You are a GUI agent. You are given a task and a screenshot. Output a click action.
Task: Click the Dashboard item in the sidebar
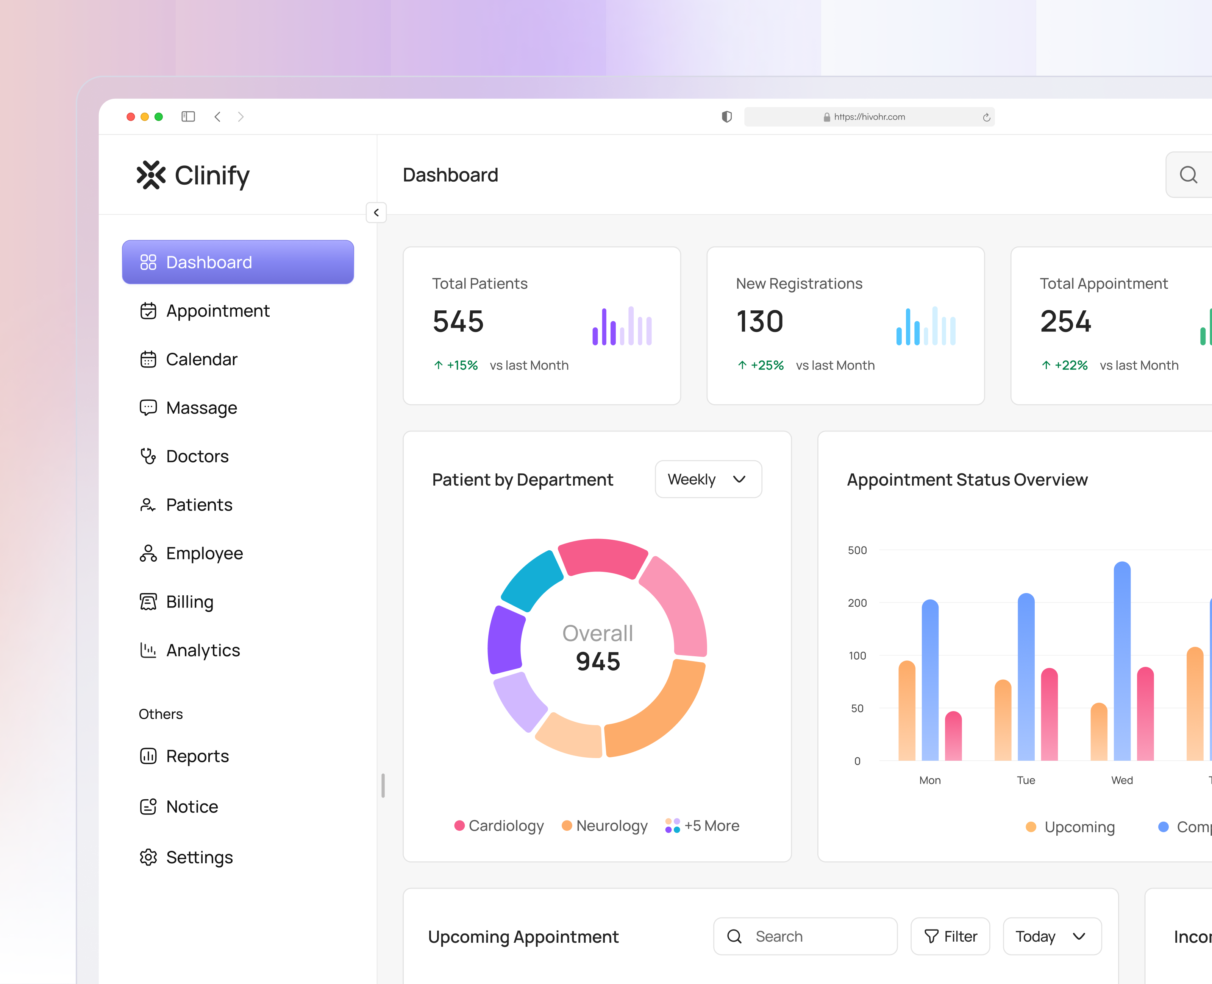tap(237, 262)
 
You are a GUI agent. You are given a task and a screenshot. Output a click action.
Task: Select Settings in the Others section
tap(198, 857)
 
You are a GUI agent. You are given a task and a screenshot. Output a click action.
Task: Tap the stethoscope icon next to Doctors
tap(148, 456)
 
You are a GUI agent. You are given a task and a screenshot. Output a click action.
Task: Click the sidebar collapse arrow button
tap(376, 213)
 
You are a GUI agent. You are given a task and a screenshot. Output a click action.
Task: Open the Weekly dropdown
tap(708, 480)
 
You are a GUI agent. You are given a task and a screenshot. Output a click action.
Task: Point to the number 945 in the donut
tap(598, 662)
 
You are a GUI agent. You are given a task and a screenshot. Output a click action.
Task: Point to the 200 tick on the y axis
tap(857, 603)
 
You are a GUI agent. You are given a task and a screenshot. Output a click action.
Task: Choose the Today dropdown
tap(1051, 936)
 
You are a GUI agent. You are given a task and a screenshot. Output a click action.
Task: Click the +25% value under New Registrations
tap(767, 366)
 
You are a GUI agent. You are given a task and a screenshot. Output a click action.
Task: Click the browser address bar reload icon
tap(986, 117)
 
